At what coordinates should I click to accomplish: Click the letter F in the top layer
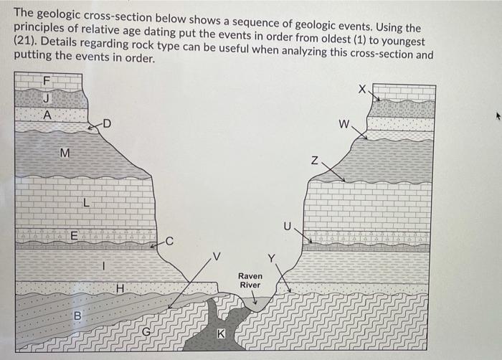pos(47,81)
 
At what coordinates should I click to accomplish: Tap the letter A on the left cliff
pos(47,115)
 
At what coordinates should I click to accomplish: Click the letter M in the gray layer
pos(65,153)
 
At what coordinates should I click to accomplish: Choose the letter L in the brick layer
pos(85,204)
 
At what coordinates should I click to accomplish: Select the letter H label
pos(120,288)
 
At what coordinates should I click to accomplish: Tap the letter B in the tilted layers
pos(77,316)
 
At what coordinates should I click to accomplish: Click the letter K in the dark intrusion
pos(221,334)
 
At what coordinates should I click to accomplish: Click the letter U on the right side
pos(288,226)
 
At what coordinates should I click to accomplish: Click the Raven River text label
pos(250,280)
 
